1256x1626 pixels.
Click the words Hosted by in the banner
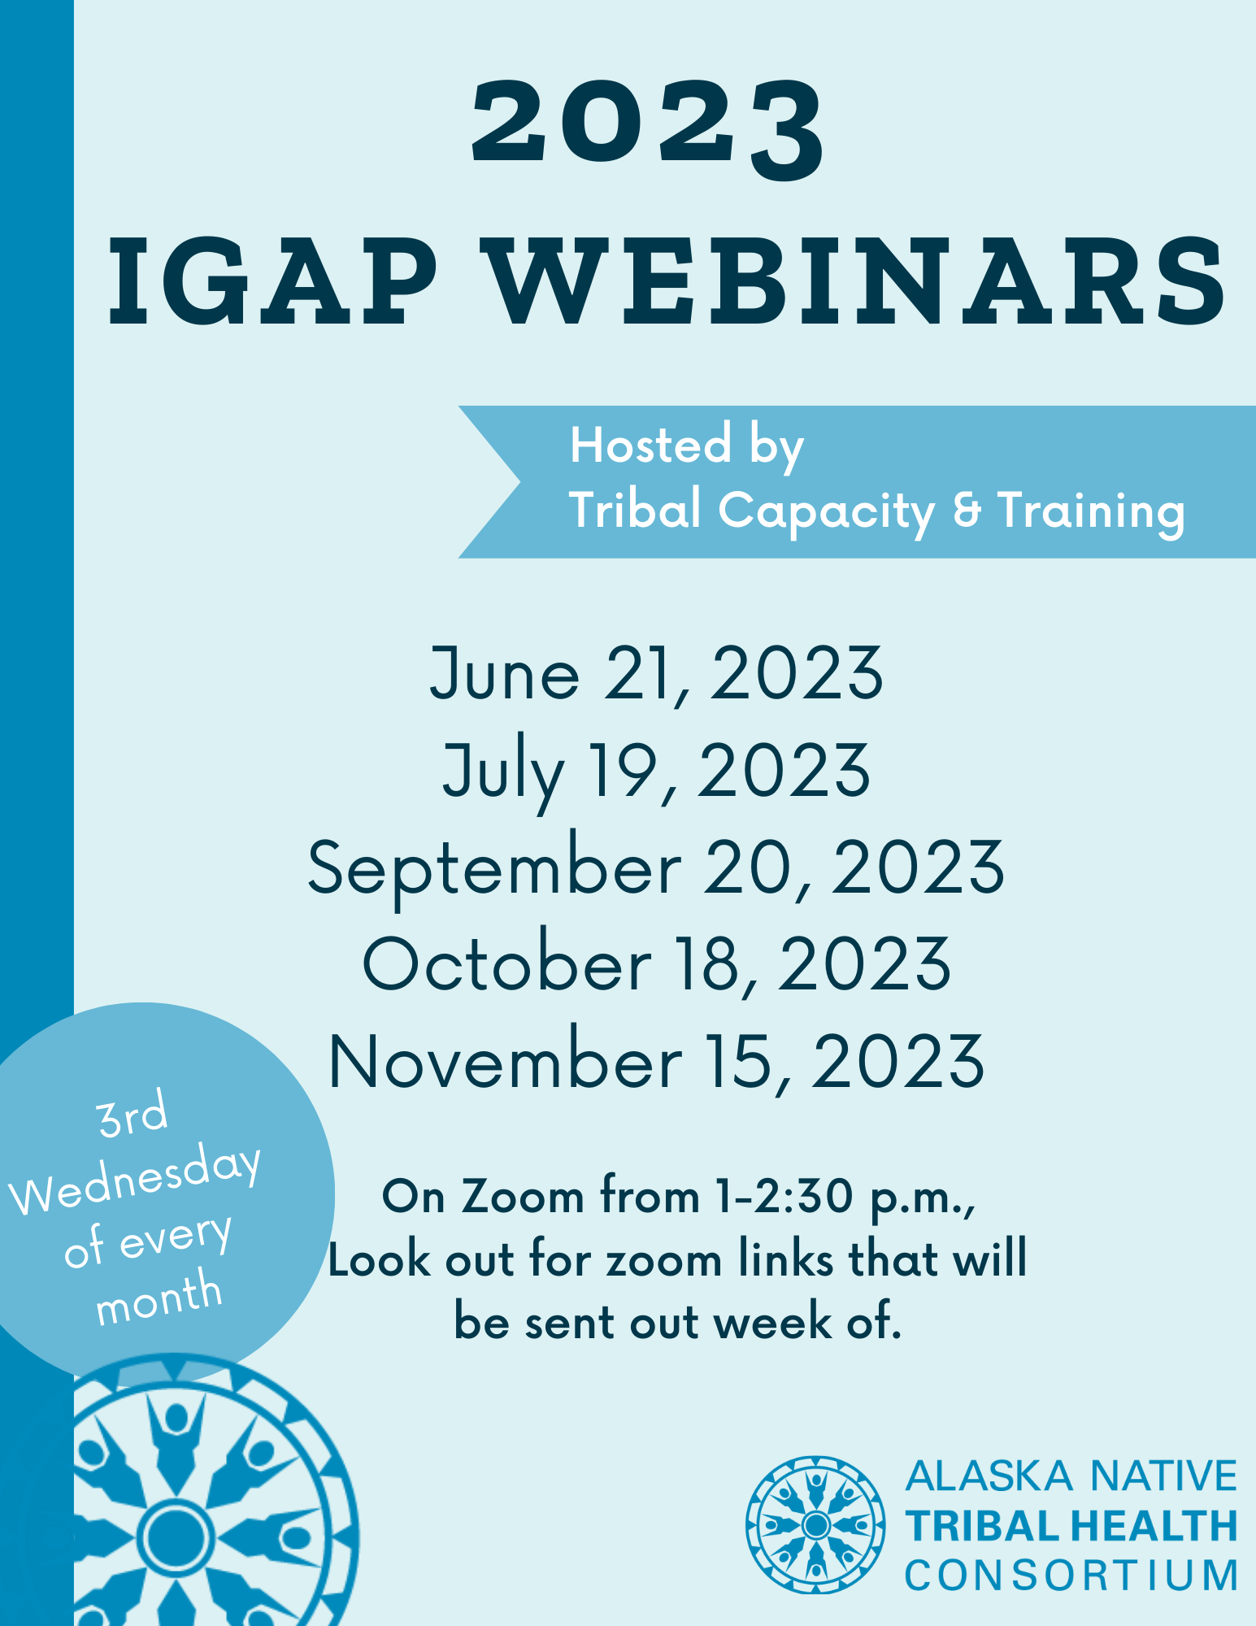(687, 446)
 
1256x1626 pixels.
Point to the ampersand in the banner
(966, 510)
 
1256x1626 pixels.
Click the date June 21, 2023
(656, 673)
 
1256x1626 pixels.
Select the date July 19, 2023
(656, 772)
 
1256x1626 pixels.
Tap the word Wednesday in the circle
(137, 1180)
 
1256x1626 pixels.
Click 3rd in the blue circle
(133, 1115)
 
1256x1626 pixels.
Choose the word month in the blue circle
(159, 1298)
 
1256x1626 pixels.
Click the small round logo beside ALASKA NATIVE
(815, 1524)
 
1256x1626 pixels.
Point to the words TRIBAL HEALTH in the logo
(1071, 1526)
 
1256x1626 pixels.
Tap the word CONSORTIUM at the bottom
(1071, 1575)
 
